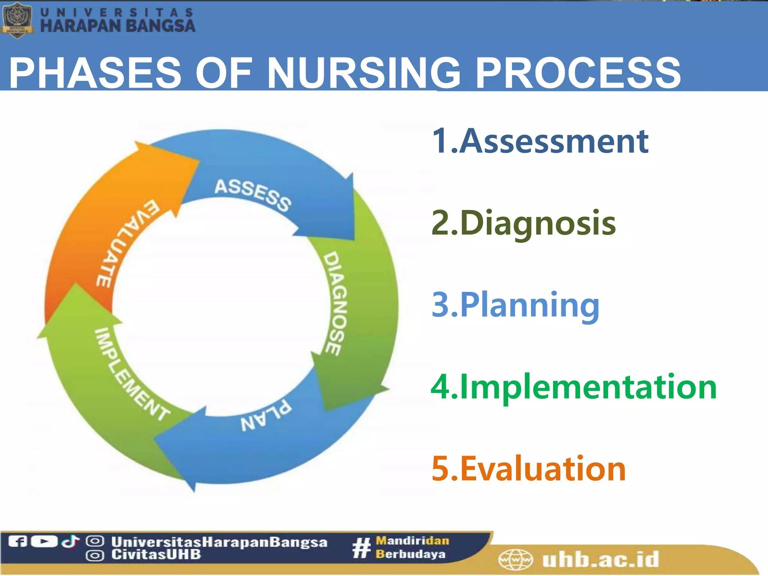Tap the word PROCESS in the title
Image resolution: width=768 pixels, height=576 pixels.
pos(577,73)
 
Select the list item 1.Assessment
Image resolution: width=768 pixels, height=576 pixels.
pos(540,141)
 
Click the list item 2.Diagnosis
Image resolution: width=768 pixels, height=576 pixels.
pos(523,223)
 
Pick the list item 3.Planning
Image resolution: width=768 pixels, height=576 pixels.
pos(516,305)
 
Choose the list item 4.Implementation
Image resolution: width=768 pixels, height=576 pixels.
pos(574,387)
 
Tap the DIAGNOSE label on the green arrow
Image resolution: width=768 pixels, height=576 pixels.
pos(335,303)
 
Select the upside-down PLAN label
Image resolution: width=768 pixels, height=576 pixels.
pos(266,416)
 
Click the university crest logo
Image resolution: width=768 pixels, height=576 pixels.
pos(17,19)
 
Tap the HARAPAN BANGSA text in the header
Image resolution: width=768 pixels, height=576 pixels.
pos(117,25)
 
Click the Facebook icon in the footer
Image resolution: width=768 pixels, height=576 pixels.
pos(17,541)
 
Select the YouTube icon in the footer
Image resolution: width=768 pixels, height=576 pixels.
pos(44,541)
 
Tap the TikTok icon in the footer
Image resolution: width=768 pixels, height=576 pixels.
pos(70,541)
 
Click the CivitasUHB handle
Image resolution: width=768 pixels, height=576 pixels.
pos(156,555)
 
